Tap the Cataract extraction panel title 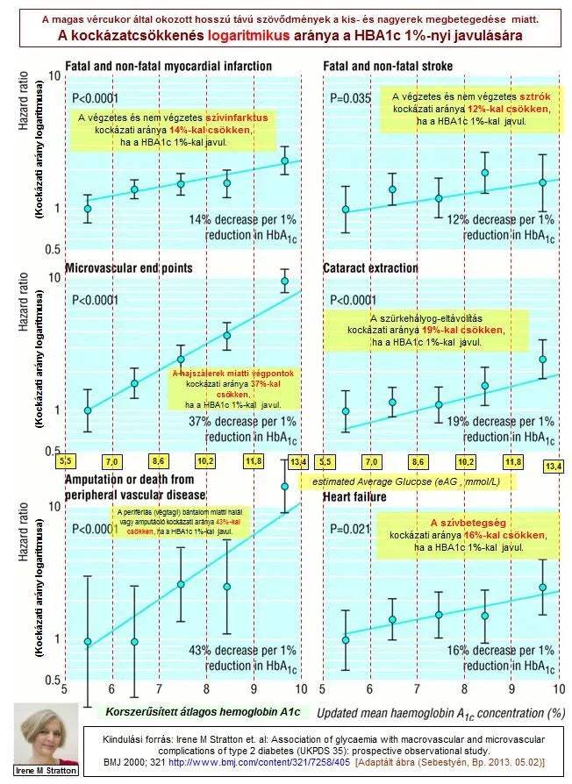point(370,267)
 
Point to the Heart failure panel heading point(354,497)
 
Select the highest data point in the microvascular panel point(284,282)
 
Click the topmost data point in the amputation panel point(284,486)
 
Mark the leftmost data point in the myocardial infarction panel point(87,208)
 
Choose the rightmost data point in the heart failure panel point(542,587)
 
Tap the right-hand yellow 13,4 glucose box point(554,465)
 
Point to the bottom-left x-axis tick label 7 point(159,690)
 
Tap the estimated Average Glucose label point(408,481)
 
